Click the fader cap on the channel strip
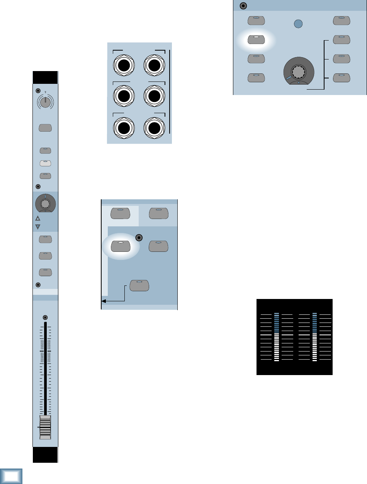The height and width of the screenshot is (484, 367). (x=45, y=428)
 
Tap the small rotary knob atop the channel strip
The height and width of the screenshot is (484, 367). (x=45, y=101)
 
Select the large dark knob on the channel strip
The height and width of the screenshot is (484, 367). (x=45, y=203)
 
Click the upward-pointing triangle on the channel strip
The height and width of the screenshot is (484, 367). (x=38, y=218)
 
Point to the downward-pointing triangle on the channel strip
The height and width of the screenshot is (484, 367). (x=38, y=226)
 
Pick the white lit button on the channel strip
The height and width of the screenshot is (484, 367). (x=45, y=163)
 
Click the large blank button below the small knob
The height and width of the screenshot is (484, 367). (x=45, y=128)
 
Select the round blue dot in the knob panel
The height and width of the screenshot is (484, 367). (x=297, y=24)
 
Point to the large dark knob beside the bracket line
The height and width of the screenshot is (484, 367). (x=299, y=71)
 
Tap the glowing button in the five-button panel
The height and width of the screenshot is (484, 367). (x=121, y=246)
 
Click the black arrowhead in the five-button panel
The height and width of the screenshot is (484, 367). (x=104, y=301)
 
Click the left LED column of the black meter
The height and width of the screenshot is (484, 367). (x=276, y=337)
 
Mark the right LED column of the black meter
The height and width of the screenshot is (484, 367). (x=314, y=337)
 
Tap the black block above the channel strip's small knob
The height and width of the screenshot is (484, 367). (x=45, y=77)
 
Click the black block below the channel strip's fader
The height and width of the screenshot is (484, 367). (x=45, y=455)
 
